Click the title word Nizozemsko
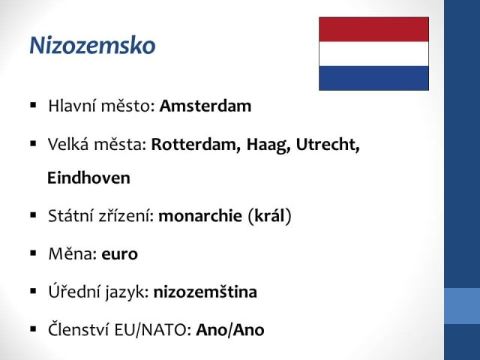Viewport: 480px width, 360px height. [92, 46]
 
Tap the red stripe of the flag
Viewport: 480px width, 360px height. [373, 29]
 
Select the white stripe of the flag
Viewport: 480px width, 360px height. [373, 54]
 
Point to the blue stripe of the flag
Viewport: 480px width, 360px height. [373, 78]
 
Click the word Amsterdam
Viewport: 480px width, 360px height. [205, 106]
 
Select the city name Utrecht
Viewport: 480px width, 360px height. [327, 145]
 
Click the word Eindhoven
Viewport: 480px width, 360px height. [88, 178]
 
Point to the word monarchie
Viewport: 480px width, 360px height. [200, 216]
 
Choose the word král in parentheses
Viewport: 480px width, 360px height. [270, 215]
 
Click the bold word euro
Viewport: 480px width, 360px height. [119, 254]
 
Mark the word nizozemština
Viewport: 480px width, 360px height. [205, 292]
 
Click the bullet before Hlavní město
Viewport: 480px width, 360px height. [33, 106]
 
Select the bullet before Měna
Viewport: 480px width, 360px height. [33, 253]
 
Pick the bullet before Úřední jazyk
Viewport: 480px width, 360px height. [33, 292]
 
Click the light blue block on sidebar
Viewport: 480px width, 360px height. [462, 306]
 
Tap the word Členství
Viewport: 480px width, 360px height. [79, 329]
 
